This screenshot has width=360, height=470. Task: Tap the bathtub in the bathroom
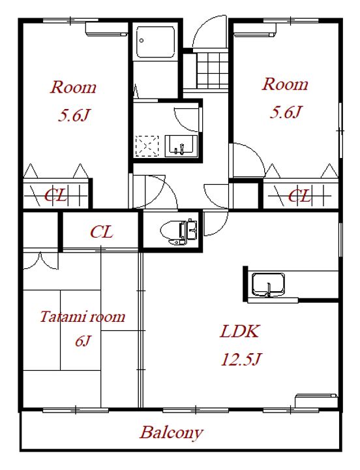coord(155,42)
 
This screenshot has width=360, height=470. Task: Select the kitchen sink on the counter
coord(268,285)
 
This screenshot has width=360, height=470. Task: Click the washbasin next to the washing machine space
coord(181,146)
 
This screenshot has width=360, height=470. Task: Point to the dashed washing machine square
coord(147,146)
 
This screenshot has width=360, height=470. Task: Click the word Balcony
coord(172,433)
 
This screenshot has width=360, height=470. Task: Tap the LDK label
coord(239,332)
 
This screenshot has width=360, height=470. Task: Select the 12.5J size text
coord(241,359)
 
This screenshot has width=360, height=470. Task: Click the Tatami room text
coord(82,317)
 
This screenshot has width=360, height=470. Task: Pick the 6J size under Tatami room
coord(83,341)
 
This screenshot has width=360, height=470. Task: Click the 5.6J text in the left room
coord(74,115)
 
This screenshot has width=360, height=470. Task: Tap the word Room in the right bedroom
coord(285,84)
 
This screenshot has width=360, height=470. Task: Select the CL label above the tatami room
coord(102,232)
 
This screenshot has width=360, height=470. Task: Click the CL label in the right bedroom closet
coord(299,196)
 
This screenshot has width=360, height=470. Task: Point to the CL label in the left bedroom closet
coord(55,196)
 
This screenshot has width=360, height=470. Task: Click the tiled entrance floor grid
coord(213,70)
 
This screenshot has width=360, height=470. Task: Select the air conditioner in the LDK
coord(316,400)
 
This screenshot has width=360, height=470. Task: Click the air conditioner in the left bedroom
coord(106,29)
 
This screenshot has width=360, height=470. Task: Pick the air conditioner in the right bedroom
coord(255,29)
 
